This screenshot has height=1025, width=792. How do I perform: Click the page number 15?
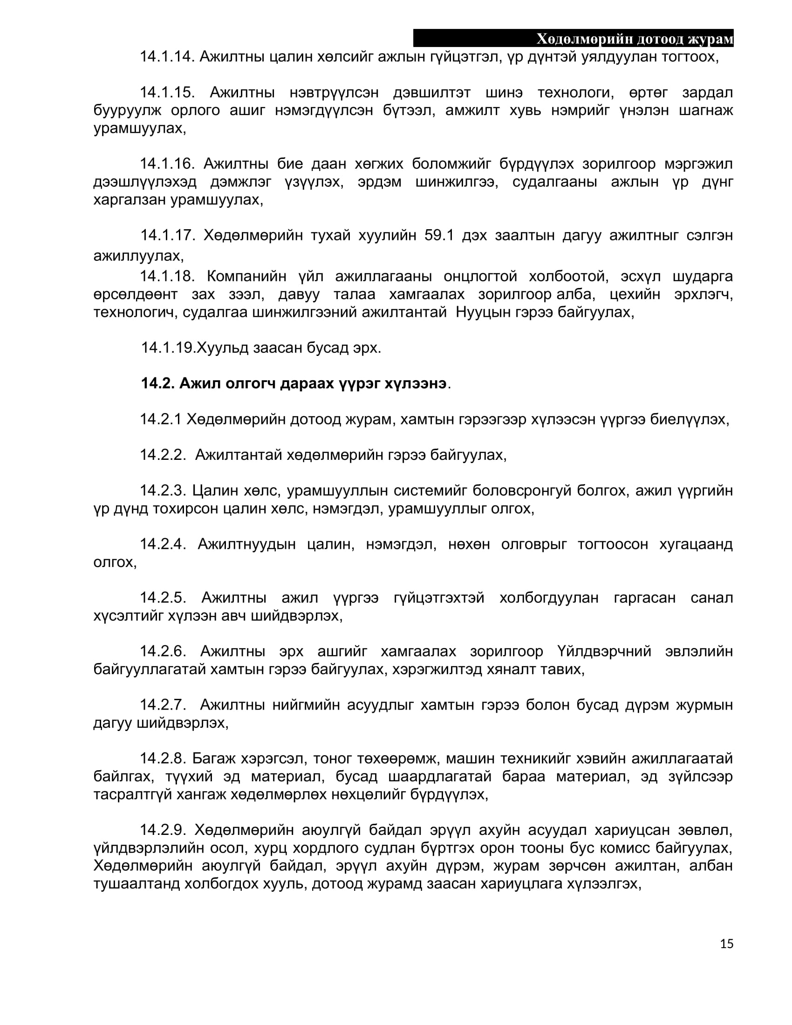726,944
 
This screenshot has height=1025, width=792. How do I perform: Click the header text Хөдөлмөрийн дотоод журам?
635,39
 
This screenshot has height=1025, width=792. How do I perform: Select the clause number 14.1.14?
167,57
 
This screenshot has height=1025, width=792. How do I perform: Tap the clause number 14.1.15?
167,92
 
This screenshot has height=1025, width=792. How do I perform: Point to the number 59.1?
439,235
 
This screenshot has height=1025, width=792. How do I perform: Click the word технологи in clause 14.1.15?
576,92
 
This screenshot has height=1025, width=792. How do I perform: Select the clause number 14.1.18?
167,276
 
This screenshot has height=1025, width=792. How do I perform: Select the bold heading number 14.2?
157,383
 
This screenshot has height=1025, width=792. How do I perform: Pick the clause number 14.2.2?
163,455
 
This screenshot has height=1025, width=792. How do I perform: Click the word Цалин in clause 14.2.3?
213,491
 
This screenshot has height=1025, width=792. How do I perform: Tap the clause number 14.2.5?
163,597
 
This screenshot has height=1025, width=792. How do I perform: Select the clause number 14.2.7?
163,704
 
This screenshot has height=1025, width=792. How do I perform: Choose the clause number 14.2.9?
163,830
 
